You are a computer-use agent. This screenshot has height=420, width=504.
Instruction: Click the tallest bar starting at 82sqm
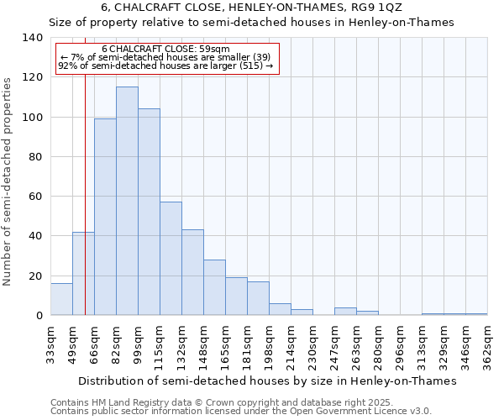click(127, 202)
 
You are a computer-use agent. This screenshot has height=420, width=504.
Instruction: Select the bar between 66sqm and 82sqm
click(105, 217)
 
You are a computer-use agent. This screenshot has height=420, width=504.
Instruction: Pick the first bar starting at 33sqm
click(61, 300)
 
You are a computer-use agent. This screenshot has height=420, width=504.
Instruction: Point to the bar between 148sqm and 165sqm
click(214, 287)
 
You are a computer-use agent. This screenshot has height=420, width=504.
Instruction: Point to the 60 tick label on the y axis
click(35, 197)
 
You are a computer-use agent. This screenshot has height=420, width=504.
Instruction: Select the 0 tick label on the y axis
click(39, 316)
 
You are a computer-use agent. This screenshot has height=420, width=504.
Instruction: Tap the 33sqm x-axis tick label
click(51, 345)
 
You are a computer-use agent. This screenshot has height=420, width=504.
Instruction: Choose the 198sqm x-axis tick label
click(270, 345)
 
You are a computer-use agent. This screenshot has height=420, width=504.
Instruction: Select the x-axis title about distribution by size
click(269, 381)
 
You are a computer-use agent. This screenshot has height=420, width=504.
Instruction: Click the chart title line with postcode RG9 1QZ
click(251, 7)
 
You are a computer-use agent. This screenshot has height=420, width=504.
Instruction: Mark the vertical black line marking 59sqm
click(85, 210)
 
